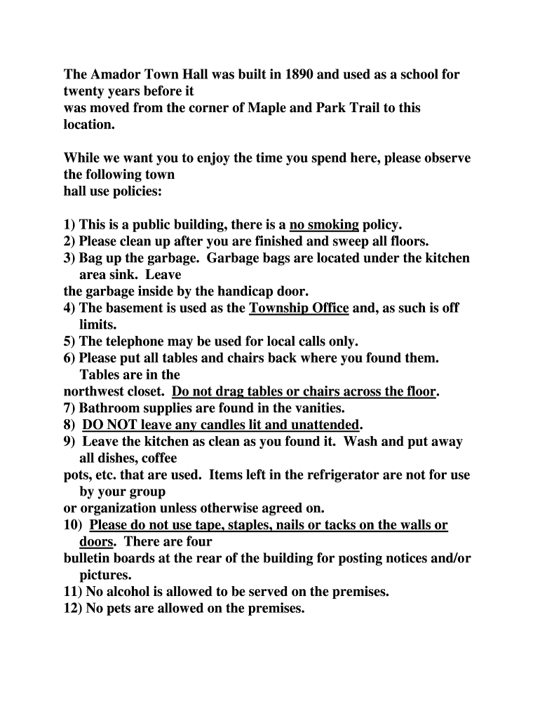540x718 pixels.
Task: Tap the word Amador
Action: tap(117, 74)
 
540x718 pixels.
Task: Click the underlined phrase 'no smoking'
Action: tap(324, 225)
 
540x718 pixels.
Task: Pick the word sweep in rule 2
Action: tap(347, 242)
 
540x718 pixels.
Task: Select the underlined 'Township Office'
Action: tap(299, 308)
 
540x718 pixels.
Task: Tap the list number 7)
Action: tap(70, 408)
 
